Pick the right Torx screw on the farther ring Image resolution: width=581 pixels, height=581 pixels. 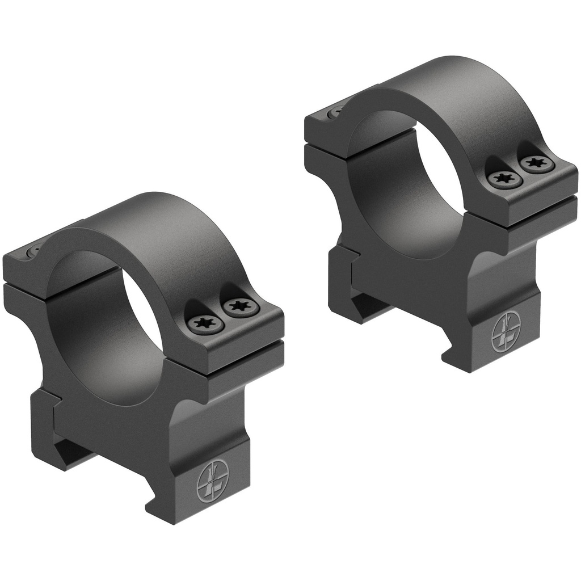click(x=536, y=165)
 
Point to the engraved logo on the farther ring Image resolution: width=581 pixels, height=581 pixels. click(x=505, y=334)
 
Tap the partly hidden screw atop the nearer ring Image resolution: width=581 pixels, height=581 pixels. click(x=34, y=250)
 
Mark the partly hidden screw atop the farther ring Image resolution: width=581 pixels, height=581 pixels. click(x=337, y=111)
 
